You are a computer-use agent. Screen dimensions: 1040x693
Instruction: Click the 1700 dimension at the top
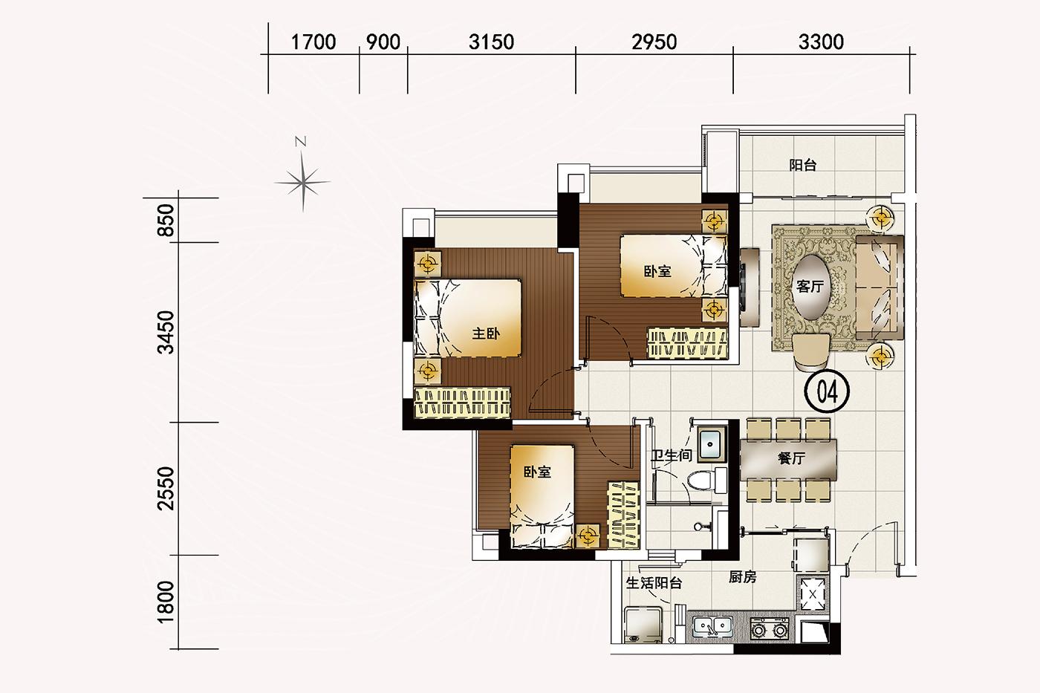tap(313, 42)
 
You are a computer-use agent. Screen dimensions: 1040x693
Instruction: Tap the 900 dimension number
tap(383, 42)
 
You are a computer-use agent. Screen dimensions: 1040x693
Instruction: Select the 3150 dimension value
tap(491, 42)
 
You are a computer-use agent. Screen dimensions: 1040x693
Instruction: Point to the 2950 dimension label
tap(654, 42)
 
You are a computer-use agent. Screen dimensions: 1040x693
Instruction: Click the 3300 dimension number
tap(821, 42)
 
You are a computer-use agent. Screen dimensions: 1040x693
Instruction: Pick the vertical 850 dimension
tap(166, 220)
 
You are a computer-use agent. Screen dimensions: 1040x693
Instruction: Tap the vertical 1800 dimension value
tap(166, 602)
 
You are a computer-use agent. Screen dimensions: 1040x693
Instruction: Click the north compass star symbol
tap(303, 182)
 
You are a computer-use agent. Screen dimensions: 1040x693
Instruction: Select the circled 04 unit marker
tap(827, 391)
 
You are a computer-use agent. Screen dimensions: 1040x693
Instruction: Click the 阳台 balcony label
tap(803, 165)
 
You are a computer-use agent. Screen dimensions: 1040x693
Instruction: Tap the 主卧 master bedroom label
tap(486, 334)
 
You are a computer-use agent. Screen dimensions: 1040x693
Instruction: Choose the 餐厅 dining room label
tap(792, 458)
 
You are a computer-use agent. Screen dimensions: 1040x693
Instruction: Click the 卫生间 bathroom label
tap(672, 455)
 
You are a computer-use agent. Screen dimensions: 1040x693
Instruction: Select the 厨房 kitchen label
tap(742, 577)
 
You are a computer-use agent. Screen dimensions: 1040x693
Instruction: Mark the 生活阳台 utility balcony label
tap(654, 583)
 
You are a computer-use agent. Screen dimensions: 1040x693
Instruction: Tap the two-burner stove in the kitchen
tap(770, 629)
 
